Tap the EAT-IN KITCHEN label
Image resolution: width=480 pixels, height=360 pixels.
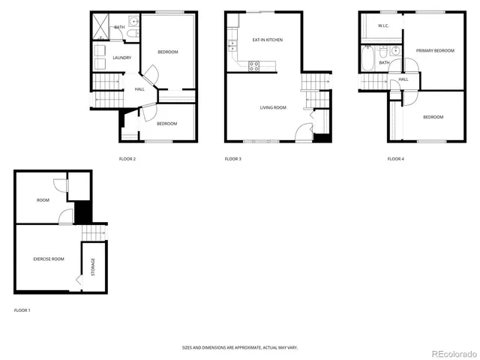point(267,40)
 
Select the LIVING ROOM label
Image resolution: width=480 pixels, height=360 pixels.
point(273,107)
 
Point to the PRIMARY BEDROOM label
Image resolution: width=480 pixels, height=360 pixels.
point(435,50)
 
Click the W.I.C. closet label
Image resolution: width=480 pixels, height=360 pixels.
point(383,25)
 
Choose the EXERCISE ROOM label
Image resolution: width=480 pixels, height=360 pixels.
point(49,259)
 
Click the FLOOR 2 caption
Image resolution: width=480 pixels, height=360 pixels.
point(127,159)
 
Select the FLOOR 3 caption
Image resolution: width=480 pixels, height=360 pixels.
point(232,159)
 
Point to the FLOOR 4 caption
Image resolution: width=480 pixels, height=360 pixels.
point(395,159)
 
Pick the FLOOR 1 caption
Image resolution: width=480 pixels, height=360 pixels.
point(22,310)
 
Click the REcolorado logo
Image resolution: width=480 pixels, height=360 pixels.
point(451,352)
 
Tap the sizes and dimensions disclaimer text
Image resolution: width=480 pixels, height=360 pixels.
point(240,347)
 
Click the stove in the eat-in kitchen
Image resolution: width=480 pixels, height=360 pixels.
point(253,64)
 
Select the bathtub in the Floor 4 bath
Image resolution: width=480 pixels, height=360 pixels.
point(368,59)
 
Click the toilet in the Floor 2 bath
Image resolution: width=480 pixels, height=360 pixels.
point(132,34)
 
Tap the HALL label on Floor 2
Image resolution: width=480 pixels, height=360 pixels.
point(139,89)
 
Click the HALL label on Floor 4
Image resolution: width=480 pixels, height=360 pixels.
point(403,79)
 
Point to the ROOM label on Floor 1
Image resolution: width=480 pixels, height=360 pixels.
point(43,200)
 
